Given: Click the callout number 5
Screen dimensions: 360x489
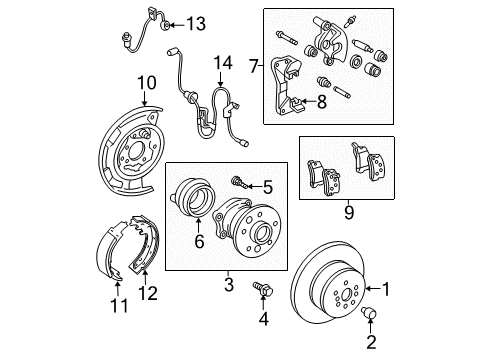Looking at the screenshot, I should tap(266, 186).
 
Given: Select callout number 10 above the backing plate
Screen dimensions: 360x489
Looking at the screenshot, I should tap(147, 82).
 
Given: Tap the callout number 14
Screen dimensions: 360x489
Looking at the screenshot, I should tap(222, 66).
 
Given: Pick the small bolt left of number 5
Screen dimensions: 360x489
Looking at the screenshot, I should tap(237, 183).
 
